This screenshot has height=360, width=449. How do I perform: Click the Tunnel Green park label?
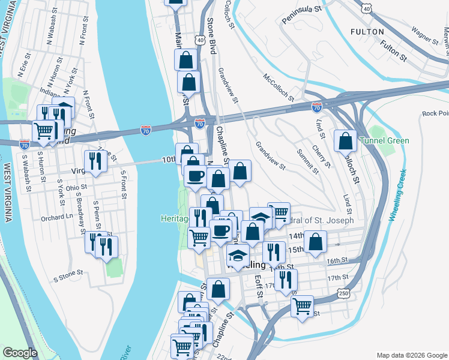(384, 141)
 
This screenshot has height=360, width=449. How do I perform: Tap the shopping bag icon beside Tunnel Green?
(346, 142)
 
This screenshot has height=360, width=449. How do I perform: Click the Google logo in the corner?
(20, 353)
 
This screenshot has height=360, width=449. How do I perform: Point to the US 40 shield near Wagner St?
(366, 8)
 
